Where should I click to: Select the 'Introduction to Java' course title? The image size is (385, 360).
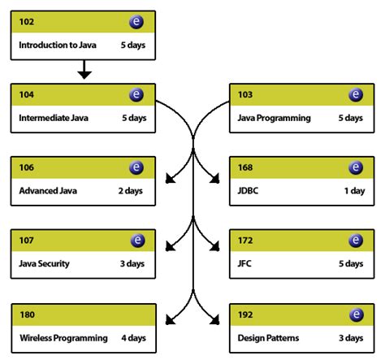[x=58, y=46]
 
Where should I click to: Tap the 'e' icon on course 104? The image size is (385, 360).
[x=136, y=95]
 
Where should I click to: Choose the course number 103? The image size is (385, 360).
[x=245, y=95]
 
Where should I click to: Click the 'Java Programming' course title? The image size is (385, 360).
[x=275, y=118]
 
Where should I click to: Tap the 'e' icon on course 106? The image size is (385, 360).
[x=136, y=168]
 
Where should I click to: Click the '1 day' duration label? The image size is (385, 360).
[x=354, y=191]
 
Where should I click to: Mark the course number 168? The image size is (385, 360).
[x=245, y=168]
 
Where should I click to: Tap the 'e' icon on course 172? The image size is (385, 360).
[x=356, y=241]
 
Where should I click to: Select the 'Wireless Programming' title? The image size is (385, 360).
[x=63, y=337]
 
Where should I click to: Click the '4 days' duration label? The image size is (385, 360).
[x=133, y=337]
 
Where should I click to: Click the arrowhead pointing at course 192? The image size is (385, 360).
[x=218, y=319]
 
